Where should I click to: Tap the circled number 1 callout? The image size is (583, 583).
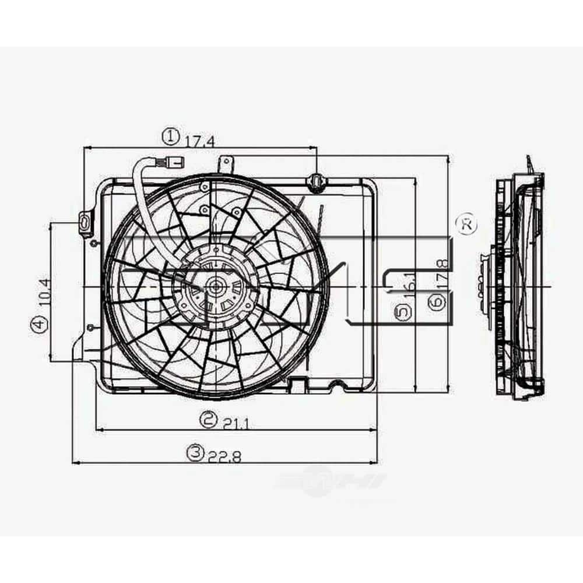pos(169,137)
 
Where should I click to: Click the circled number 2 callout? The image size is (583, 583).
pos(208,418)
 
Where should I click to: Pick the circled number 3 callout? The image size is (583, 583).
pos(195,452)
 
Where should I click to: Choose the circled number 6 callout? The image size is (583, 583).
pos(437,301)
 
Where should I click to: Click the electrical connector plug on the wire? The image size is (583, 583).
pos(173,160)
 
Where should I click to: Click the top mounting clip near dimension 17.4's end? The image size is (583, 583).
pos(315,183)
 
